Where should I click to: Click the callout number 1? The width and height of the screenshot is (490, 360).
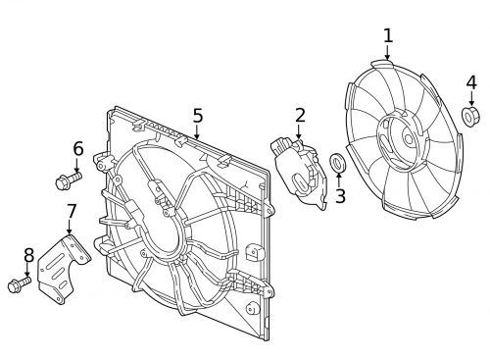tap(387, 36)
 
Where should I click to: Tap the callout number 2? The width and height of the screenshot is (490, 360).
tap(300, 116)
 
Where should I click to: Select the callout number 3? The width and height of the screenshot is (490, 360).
tap(340, 196)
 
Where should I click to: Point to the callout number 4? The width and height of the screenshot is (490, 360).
tap(470, 82)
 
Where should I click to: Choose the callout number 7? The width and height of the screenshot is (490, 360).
tap(71, 211)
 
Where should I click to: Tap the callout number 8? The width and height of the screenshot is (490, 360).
tap(28, 255)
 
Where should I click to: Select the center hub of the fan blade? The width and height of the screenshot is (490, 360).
tap(402, 137)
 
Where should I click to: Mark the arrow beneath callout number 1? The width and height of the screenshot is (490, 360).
tap(387, 53)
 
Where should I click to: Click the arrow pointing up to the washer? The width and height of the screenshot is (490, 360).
tap(339, 179)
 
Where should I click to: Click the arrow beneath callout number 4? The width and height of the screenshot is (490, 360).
tap(470, 99)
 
